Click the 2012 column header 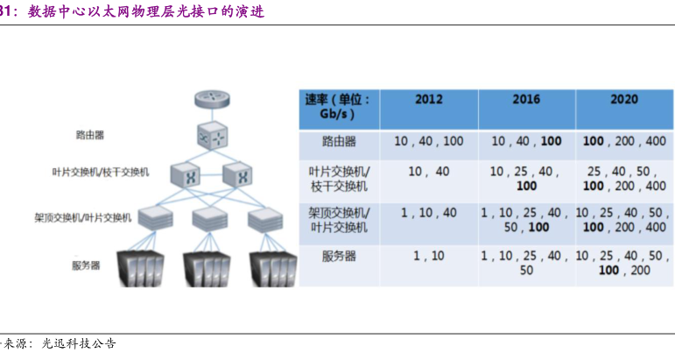(x=428, y=99)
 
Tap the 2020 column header (x=623, y=99)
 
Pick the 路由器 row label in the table (x=338, y=141)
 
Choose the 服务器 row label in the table (x=338, y=256)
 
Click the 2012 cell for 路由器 (x=428, y=141)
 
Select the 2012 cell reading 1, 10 (x=428, y=256)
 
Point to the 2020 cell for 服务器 (x=623, y=263)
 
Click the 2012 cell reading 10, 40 (x=428, y=171)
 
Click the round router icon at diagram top (x=212, y=99)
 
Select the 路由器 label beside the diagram (x=90, y=135)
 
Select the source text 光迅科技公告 (x=79, y=343)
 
